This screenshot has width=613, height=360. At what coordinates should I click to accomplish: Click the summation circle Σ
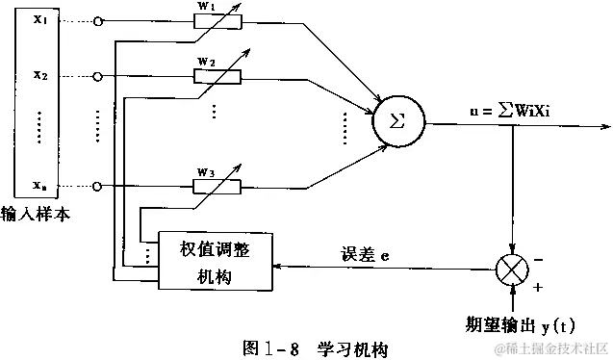pyautogui.click(x=396, y=123)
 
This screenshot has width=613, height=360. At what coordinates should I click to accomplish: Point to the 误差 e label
pyautogui.click(x=365, y=256)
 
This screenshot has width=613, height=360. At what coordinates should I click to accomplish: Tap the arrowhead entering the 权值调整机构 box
pyautogui.click(x=278, y=267)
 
